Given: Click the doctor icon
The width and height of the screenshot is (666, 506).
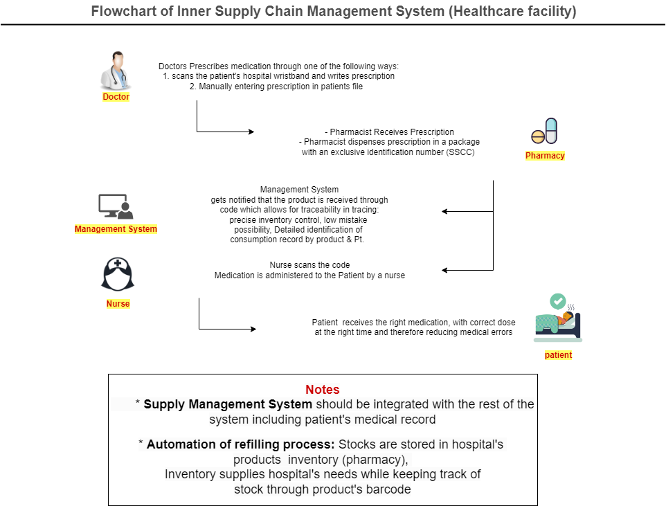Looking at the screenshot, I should pyautogui.click(x=116, y=71).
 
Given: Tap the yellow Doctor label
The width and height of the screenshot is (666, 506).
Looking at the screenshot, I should pyautogui.click(x=116, y=97).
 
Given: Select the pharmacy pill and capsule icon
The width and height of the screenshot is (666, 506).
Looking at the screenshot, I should pyautogui.click(x=545, y=132).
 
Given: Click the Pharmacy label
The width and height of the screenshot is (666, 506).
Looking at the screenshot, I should pyautogui.click(x=545, y=156).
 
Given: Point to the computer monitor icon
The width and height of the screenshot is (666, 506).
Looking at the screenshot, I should pyautogui.click(x=115, y=206).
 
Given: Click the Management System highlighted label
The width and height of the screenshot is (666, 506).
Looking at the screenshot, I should pyautogui.click(x=116, y=229).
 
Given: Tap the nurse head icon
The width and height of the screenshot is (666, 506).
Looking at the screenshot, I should pyautogui.click(x=118, y=274).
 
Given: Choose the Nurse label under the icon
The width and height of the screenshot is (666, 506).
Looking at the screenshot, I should pyautogui.click(x=118, y=304).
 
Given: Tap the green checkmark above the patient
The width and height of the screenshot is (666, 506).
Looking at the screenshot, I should pyautogui.click(x=557, y=302).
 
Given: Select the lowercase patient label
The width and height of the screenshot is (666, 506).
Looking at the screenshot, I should pyautogui.click(x=558, y=355).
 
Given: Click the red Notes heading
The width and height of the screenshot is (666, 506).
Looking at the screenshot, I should pyautogui.click(x=323, y=390).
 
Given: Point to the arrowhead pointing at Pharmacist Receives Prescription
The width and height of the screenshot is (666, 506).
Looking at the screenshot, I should pyautogui.click(x=251, y=132).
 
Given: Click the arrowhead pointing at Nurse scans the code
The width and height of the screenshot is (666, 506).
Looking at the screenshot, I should pyautogui.click(x=445, y=270).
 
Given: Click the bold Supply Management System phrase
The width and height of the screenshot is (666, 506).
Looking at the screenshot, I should pyautogui.click(x=228, y=404).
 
